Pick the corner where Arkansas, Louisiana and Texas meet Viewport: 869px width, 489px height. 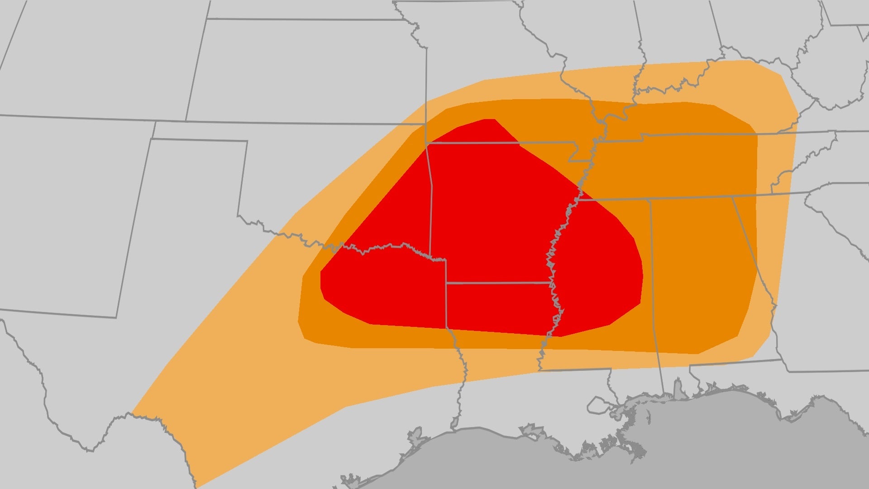[x=446, y=283]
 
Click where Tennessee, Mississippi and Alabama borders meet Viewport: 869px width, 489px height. [x=650, y=199]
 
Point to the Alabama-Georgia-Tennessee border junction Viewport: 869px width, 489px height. [x=732, y=197]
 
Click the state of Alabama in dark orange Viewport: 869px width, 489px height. [x=697, y=272]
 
